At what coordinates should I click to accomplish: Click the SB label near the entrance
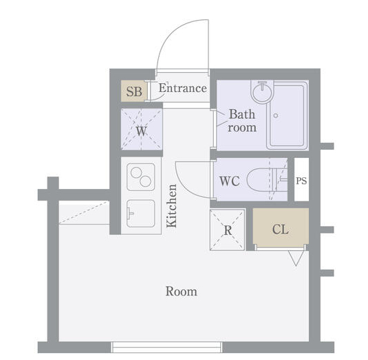point(134,91)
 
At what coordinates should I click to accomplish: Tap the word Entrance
point(183,88)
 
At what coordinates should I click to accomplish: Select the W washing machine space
point(142,129)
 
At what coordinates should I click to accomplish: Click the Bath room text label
point(242,121)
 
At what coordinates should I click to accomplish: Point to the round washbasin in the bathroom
point(262,91)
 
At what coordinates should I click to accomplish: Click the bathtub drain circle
point(276,115)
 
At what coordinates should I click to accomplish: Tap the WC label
point(229,181)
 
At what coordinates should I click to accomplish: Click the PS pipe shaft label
point(301,181)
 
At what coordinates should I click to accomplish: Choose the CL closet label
point(281,229)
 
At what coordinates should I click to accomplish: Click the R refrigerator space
point(228,230)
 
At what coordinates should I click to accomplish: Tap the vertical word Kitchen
point(171,206)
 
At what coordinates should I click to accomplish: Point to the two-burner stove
point(140,177)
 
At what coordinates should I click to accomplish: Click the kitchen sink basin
point(140,213)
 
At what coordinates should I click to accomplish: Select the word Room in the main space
point(182,291)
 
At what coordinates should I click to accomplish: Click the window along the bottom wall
point(166,347)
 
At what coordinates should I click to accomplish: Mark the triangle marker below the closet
point(296,258)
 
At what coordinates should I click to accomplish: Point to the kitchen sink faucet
point(130,213)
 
